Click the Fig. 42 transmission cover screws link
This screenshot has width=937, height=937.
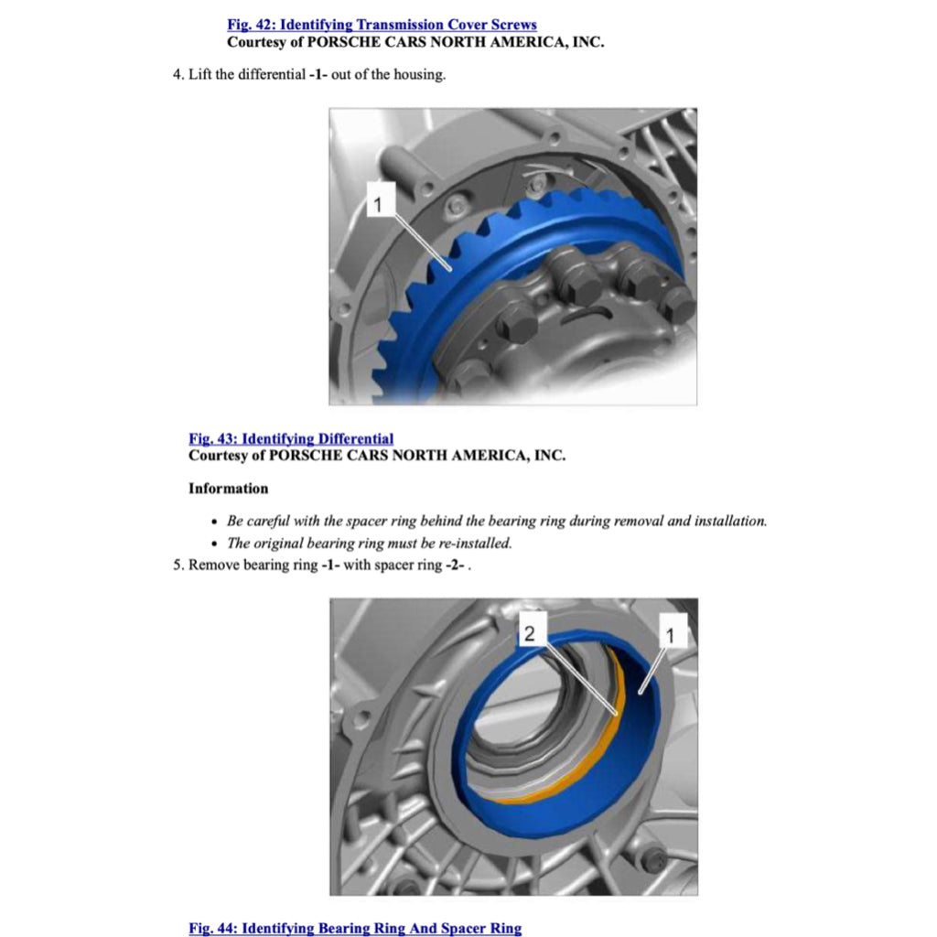(x=382, y=25)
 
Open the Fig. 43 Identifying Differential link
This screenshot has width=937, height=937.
(x=291, y=439)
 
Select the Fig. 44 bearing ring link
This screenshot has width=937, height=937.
(x=355, y=928)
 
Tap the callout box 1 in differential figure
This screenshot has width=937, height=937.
(x=378, y=203)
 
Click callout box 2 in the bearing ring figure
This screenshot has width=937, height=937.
(x=532, y=633)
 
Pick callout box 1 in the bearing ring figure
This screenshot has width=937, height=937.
(x=673, y=633)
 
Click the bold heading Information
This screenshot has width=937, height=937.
(x=228, y=489)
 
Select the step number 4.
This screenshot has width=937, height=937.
(x=178, y=75)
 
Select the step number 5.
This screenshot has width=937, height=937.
(x=178, y=565)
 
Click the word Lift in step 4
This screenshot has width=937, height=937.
(x=200, y=75)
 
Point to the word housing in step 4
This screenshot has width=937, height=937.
(x=419, y=75)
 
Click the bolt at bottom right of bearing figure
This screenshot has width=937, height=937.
(x=653, y=859)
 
